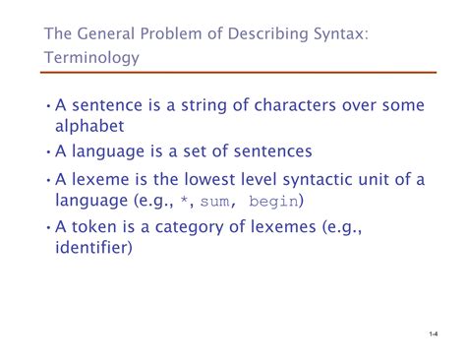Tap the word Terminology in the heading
pyautogui.click(x=91, y=58)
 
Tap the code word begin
pyautogui.click(x=276, y=201)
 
